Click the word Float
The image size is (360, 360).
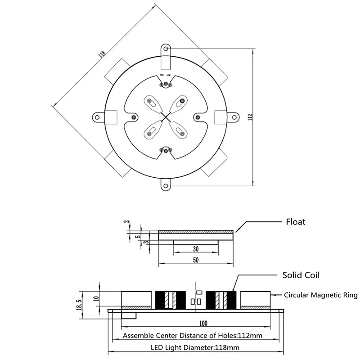click(x=296, y=222)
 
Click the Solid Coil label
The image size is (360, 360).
click(x=301, y=274)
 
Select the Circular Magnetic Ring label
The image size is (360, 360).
click(x=320, y=296)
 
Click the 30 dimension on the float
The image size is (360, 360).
click(x=196, y=249)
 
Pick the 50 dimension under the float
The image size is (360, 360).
click(x=196, y=260)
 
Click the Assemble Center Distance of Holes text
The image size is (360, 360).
click(x=193, y=336)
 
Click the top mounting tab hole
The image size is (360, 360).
click(x=166, y=49)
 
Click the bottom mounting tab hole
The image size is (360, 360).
click(x=166, y=185)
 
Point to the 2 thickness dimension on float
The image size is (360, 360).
click(x=127, y=223)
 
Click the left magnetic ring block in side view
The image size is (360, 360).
click(x=136, y=299)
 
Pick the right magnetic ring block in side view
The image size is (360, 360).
click(x=255, y=299)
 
